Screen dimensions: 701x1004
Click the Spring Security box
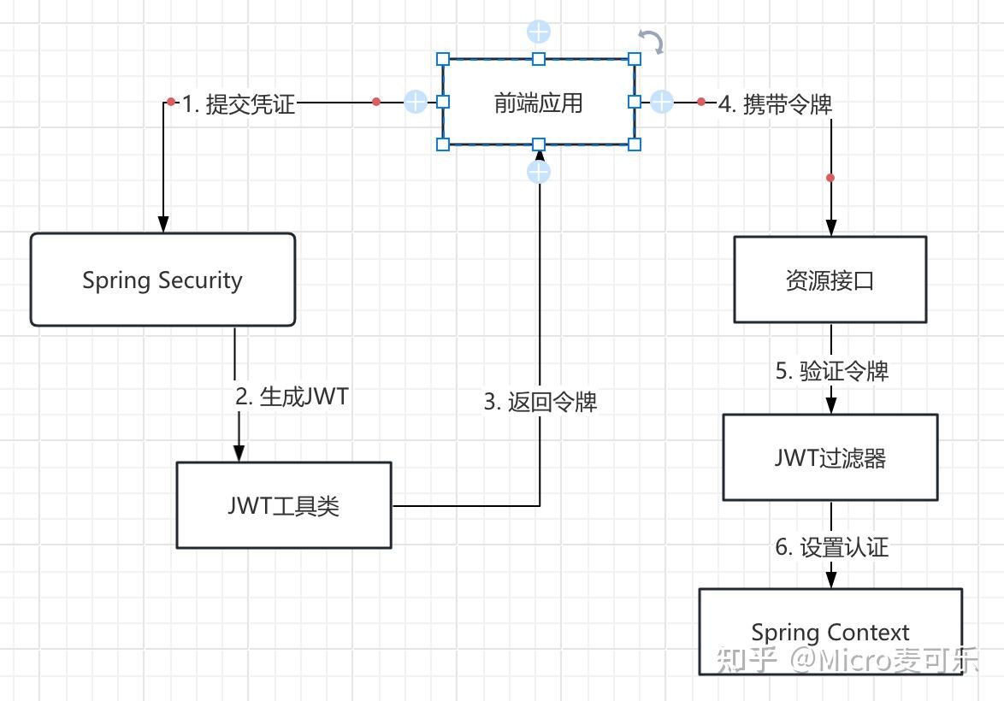pos(162,280)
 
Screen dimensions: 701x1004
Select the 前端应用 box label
pos(538,103)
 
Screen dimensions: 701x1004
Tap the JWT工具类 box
pos(284,505)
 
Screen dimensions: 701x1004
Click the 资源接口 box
pos(830,280)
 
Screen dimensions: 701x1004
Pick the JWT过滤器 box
pos(830,458)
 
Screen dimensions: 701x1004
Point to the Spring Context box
pos(830,633)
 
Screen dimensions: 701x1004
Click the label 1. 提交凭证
pos(239,104)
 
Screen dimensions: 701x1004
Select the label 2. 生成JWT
pos(292,397)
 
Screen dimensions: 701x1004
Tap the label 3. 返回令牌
pos(540,402)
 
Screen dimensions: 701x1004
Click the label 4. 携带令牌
pos(775,104)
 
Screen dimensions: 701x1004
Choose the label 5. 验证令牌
pos(831,371)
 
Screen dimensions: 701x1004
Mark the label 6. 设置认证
pos(831,547)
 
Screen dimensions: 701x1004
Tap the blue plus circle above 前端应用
pos(538,32)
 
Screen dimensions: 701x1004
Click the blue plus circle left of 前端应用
pos(415,102)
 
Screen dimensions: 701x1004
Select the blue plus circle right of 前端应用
pos(662,102)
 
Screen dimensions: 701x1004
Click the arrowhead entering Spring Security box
pos(162,224)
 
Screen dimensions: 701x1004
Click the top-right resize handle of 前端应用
pos(634,59)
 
